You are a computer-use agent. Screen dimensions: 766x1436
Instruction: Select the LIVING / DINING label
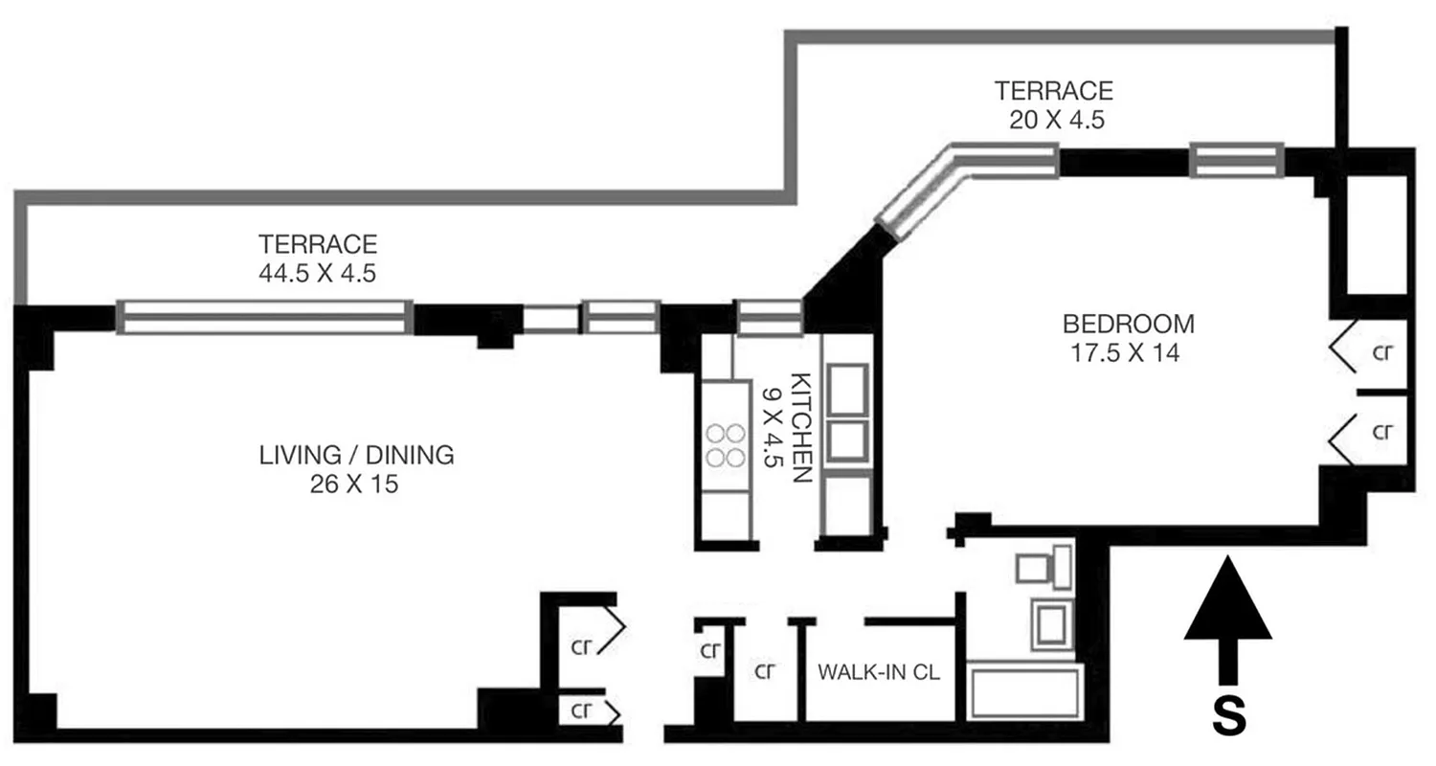click(356, 455)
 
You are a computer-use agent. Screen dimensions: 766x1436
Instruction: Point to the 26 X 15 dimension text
click(354, 484)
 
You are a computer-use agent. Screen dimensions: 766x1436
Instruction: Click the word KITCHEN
click(801, 427)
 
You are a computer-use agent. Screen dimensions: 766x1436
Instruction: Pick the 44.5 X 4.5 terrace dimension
click(317, 273)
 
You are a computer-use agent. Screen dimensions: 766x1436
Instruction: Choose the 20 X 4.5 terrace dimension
click(1053, 121)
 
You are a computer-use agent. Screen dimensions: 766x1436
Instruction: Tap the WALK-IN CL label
click(879, 672)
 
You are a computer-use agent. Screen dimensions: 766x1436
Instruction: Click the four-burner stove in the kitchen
click(726, 445)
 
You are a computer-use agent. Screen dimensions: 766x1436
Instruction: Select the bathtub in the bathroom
click(1024, 694)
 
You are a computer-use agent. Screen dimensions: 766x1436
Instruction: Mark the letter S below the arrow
click(1228, 716)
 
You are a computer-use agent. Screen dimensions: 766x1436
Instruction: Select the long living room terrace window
click(265, 317)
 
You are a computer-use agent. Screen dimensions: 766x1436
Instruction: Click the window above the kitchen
click(769, 318)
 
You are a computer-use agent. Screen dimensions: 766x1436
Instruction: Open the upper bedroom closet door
click(1344, 347)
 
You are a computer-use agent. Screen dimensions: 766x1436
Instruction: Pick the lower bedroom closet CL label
click(1381, 432)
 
